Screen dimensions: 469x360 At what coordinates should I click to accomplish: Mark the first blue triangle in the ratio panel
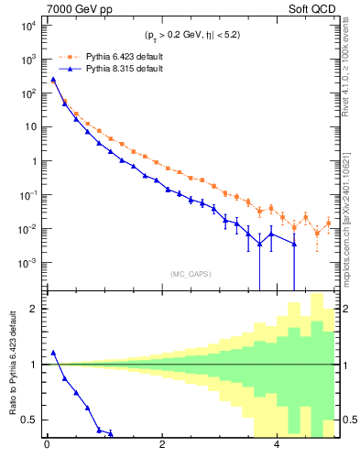point(53,353)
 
